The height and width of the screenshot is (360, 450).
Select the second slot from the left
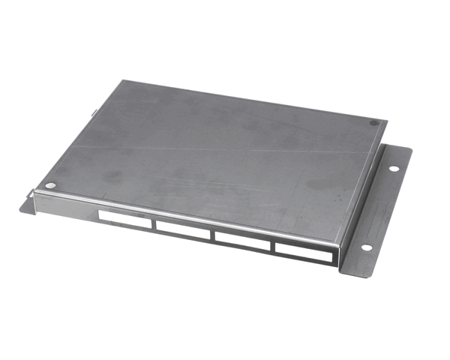pyautogui.click(x=184, y=230)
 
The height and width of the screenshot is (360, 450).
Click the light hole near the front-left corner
pyautogui.click(x=50, y=185)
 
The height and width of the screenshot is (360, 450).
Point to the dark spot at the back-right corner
pyautogui.click(x=373, y=123)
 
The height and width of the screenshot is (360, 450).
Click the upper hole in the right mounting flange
pyautogui.click(x=393, y=168)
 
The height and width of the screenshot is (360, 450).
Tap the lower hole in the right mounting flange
pyautogui.click(x=366, y=247)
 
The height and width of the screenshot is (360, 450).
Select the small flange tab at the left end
pyautogui.click(x=28, y=204)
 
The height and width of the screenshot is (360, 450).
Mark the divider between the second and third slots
pyautogui.click(x=214, y=235)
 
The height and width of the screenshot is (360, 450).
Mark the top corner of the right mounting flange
pyautogui.click(x=412, y=149)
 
